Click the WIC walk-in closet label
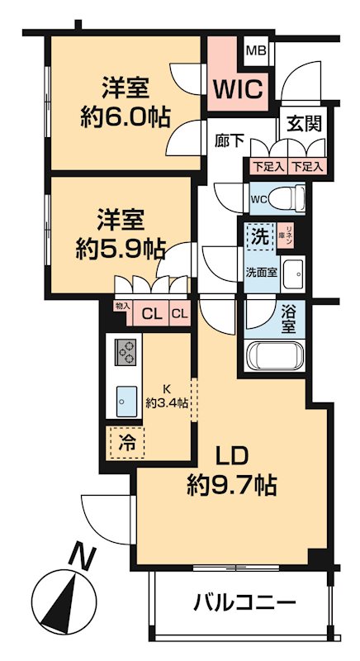coord(239,88)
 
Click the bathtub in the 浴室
coord(277,357)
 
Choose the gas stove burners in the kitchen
coord(126,353)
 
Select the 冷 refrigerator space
coord(126,442)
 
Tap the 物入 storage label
coord(121,307)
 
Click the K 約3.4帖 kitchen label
coord(168,396)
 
